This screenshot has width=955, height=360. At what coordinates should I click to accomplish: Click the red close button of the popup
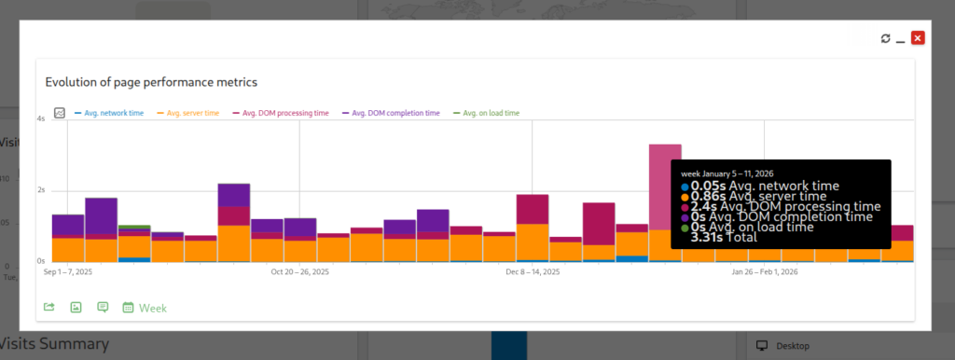(918, 38)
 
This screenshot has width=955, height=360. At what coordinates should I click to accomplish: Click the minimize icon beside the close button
(901, 38)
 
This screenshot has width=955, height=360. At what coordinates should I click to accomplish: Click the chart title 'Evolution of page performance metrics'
(151, 82)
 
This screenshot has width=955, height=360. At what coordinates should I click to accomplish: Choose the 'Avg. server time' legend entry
(193, 113)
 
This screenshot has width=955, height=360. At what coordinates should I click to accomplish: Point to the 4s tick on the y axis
(41, 119)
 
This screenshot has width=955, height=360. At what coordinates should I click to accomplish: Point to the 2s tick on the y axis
(41, 190)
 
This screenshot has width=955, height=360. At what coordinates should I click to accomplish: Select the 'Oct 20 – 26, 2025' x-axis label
(299, 273)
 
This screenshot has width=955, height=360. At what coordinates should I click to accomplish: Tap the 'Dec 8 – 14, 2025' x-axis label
(533, 273)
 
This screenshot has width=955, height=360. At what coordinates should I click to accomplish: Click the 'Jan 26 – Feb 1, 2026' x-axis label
(765, 273)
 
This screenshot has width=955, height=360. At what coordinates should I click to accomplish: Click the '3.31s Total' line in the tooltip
(724, 238)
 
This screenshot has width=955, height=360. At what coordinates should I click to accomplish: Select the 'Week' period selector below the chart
(152, 308)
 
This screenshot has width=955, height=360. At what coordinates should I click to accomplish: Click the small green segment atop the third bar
(134, 227)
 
